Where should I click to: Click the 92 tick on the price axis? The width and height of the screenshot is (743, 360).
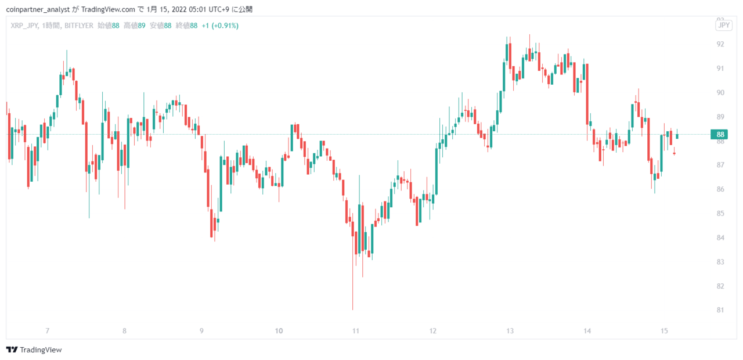pos(720,44)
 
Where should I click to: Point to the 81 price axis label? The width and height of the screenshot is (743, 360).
pos(720,310)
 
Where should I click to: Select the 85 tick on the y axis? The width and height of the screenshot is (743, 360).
pos(720,213)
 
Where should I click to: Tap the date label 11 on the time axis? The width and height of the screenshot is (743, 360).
pos(356,331)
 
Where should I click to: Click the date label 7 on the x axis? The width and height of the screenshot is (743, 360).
pos(48,331)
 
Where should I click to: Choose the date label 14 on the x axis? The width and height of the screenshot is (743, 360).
pos(587,331)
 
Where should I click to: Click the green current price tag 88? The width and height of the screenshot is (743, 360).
pos(719,134)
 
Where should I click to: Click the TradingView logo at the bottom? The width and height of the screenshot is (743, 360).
pos(34,350)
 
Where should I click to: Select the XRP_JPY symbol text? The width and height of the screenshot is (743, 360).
pos(24,26)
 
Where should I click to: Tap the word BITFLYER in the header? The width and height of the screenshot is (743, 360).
pos(79,26)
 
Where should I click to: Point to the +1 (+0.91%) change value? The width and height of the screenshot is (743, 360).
pos(220,26)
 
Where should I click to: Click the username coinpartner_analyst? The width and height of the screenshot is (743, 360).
pos(38,10)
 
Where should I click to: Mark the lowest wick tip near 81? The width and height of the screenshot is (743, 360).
pos(352,310)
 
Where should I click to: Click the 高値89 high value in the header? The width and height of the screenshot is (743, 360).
pos(134,26)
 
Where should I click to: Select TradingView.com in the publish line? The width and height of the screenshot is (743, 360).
pos(108,9)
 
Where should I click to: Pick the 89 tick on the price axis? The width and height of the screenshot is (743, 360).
pos(720,117)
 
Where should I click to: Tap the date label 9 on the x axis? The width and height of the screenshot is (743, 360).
pos(201,331)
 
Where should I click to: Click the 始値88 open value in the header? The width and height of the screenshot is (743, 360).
pos(109,26)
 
